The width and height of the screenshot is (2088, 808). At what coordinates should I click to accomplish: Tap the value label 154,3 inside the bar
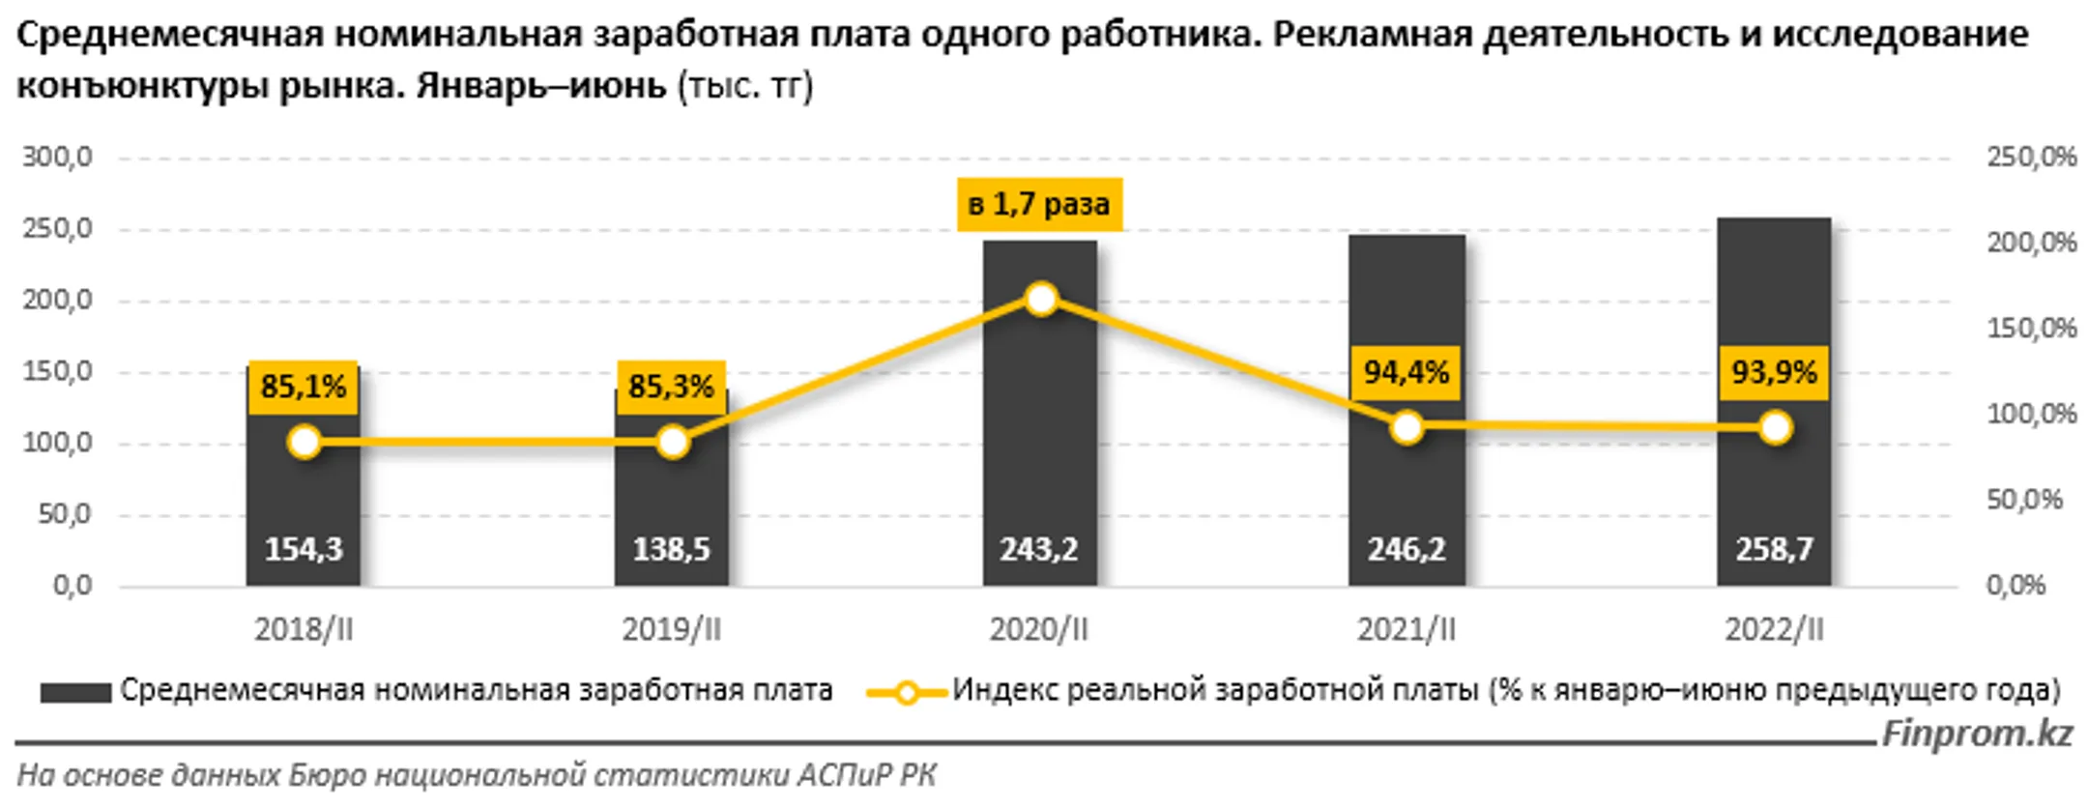pyautogui.click(x=304, y=549)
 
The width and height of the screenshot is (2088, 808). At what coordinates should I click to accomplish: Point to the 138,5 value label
pyautogui.click(x=671, y=549)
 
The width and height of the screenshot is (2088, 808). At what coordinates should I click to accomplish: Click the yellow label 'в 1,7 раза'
pyautogui.click(x=1039, y=204)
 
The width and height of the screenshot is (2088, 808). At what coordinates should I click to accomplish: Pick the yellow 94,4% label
pyautogui.click(x=1406, y=372)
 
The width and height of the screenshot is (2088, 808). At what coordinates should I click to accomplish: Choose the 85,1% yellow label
pyautogui.click(x=304, y=387)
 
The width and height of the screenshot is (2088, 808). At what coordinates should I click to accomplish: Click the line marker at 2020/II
pyautogui.click(x=1040, y=300)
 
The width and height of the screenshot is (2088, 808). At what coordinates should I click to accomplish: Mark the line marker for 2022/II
pyautogui.click(x=1775, y=427)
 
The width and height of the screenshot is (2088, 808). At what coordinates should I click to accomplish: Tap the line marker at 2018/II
pyautogui.click(x=304, y=443)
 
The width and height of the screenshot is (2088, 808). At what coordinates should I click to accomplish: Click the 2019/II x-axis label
pyautogui.click(x=671, y=630)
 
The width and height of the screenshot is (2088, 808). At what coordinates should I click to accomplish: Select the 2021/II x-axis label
pyautogui.click(x=1406, y=630)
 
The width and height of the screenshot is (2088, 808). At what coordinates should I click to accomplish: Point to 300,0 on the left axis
pyautogui.click(x=58, y=157)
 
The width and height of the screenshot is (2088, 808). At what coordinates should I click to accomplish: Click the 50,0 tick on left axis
pyautogui.click(x=65, y=514)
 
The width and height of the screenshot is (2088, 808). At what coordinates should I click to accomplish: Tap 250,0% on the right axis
pyautogui.click(x=2031, y=157)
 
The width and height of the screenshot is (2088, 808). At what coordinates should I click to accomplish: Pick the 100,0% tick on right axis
pyautogui.click(x=2031, y=414)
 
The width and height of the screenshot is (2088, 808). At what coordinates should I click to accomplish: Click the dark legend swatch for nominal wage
pyautogui.click(x=75, y=692)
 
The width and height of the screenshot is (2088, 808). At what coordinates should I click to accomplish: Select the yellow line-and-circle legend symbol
pyautogui.click(x=906, y=692)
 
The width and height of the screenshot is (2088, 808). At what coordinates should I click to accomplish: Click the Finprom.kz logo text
pyautogui.click(x=1976, y=734)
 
